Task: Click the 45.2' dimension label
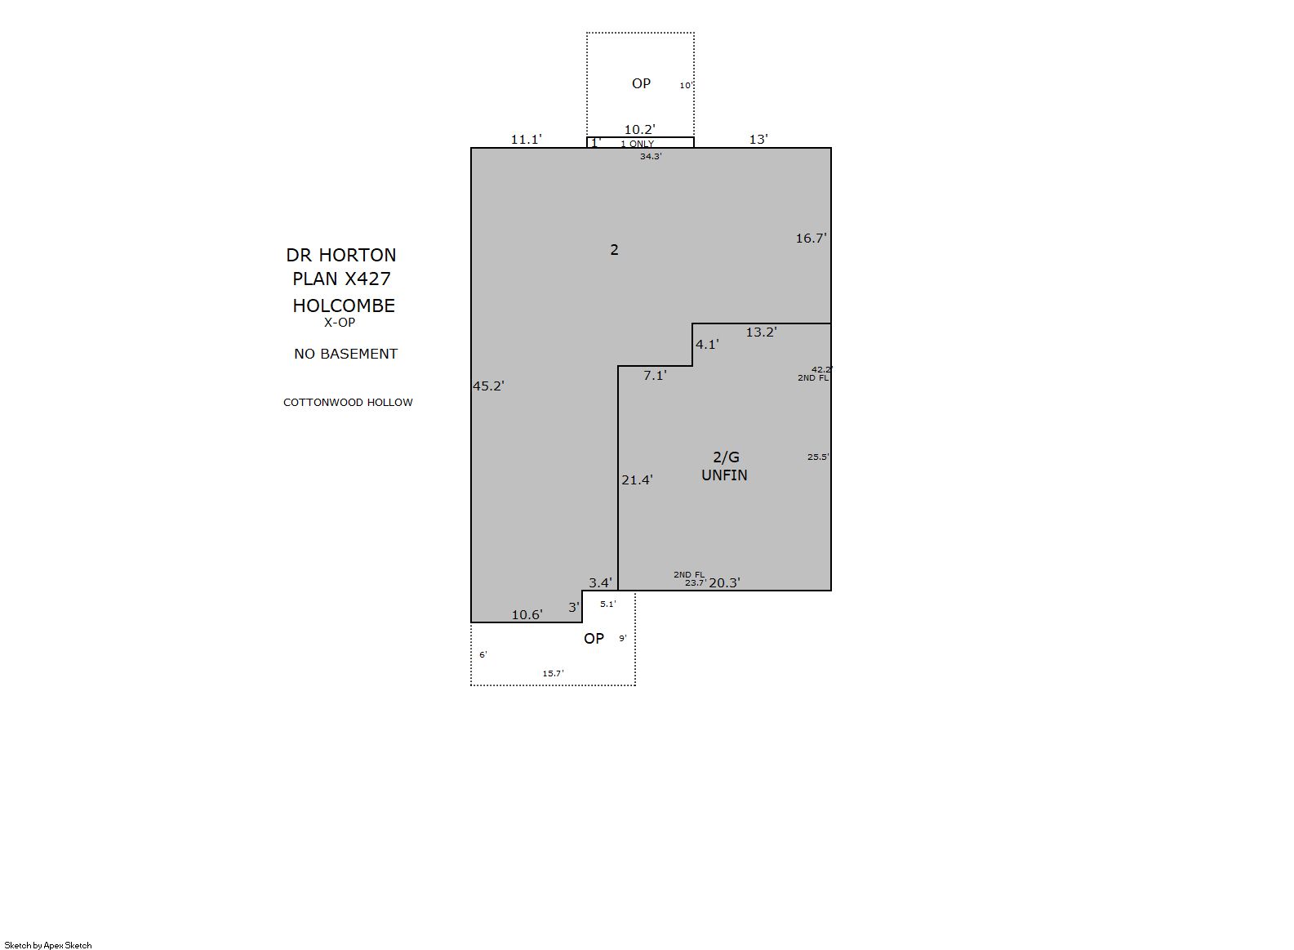(489, 386)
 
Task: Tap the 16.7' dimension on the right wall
(811, 238)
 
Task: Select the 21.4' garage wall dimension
(637, 479)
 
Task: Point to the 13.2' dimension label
(762, 332)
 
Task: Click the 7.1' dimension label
(655, 376)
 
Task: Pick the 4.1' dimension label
(707, 345)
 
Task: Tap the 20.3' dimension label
(724, 583)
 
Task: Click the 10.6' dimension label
(527, 615)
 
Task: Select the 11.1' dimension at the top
(527, 139)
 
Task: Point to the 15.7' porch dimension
(553, 673)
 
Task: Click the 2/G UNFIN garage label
(725, 466)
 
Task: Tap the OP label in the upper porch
(641, 84)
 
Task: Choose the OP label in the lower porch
(594, 639)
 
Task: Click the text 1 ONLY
(638, 144)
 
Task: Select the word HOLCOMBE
(344, 306)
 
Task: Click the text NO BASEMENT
(346, 354)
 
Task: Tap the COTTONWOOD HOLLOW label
(348, 402)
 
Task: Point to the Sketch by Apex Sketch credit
(48, 945)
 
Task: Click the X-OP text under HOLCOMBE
(340, 323)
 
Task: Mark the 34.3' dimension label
(651, 156)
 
